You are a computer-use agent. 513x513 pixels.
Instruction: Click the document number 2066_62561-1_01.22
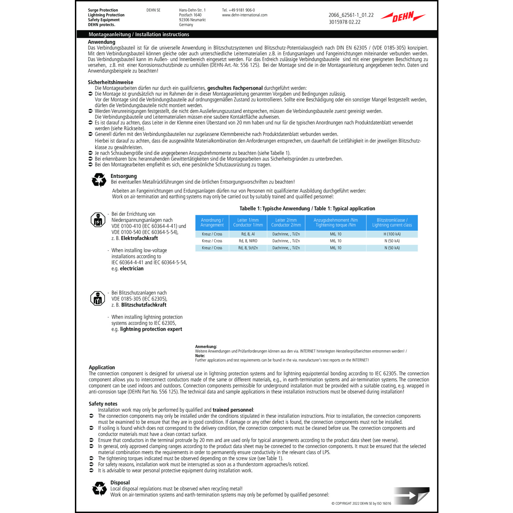click(x=351, y=15)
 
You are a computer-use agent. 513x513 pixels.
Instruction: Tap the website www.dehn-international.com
click(x=245, y=15)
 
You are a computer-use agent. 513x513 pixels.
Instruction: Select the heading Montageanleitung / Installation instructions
click(x=139, y=35)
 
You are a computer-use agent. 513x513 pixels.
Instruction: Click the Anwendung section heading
click(x=102, y=42)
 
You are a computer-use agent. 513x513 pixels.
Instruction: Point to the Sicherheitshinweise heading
click(x=110, y=82)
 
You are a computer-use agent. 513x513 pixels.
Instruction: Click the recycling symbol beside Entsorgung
click(x=99, y=180)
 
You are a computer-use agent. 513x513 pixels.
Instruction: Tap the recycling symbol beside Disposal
click(x=100, y=488)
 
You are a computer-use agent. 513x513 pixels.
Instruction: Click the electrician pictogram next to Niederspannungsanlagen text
click(x=98, y=220)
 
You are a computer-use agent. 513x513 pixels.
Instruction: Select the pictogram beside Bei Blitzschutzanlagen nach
click(x=98, y=299)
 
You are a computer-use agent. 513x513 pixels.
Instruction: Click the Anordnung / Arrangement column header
click(x=212, y=223)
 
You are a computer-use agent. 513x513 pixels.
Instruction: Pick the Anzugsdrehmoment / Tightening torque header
click(x=336, y=223)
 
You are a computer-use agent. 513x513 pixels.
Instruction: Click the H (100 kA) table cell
click(x=392, y=234)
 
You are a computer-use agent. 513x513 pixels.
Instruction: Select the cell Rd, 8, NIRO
click(x=248, y=241)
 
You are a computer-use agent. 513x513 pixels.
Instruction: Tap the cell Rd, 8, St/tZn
click(x=248, y=248)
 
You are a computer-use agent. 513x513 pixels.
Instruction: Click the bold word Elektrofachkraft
click(x=139, y=238)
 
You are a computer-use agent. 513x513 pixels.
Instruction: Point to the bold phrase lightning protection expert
click(x=151, y=329)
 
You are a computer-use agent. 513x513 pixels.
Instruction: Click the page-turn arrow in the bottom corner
click(x=411, y=495)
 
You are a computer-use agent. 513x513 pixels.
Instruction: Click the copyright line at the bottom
click(x=361, y=503)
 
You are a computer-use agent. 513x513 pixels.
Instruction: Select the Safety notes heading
click(x=103, y=404)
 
